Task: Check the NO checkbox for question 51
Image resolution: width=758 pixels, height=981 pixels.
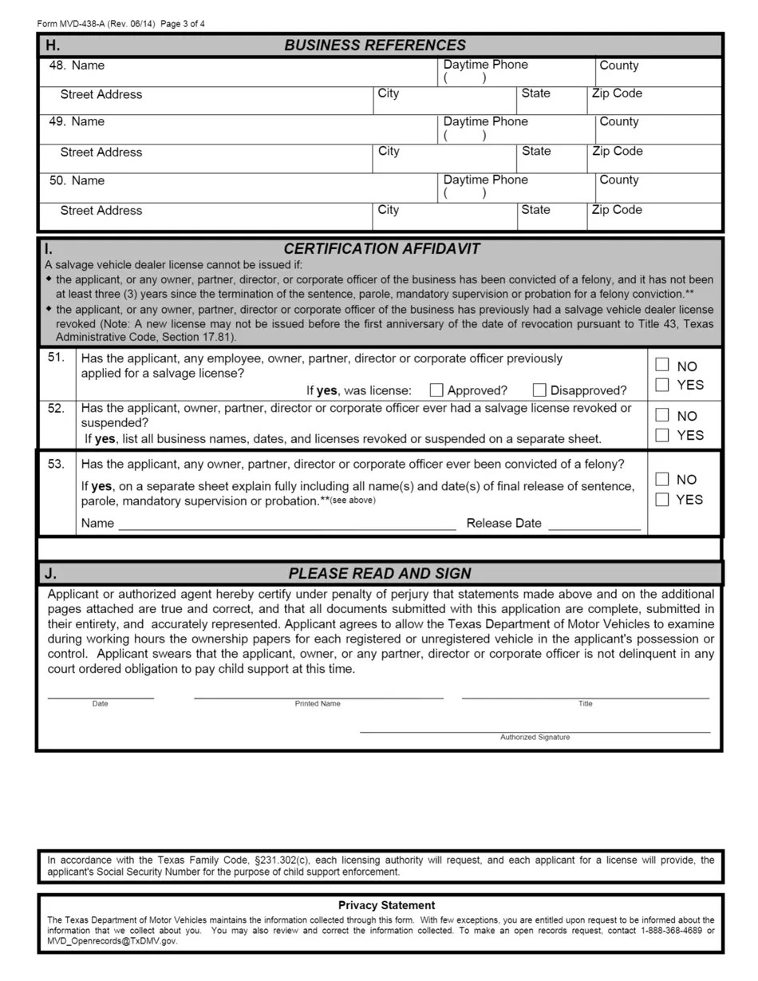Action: tap(661, 365)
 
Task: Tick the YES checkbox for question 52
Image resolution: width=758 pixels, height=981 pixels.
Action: tap(661, 435)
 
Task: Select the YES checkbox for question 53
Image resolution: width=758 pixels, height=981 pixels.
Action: tap(661, 500)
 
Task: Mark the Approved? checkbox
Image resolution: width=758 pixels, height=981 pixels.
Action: tap(436, 390)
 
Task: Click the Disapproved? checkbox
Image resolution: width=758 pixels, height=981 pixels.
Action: tap(539, 390)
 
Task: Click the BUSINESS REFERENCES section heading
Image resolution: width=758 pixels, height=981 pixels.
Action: tap(375, 45)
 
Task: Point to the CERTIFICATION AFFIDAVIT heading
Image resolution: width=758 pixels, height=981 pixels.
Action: tap(381, 249)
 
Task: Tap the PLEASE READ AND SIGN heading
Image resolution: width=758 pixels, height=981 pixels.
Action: tap(380, 573)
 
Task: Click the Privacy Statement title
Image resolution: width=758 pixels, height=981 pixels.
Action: tap(386, 905)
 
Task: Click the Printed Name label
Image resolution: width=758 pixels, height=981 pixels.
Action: tap(318, 704)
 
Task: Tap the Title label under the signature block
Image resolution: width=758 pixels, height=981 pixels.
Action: tap(585, 704)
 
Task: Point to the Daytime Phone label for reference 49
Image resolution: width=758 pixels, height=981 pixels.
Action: tap(485, 121)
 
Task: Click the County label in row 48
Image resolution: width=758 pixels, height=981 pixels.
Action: tap(618, 65)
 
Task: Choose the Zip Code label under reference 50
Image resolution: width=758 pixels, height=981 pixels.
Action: tap(617, 210)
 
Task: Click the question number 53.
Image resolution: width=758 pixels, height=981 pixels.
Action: tap(56, 465)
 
